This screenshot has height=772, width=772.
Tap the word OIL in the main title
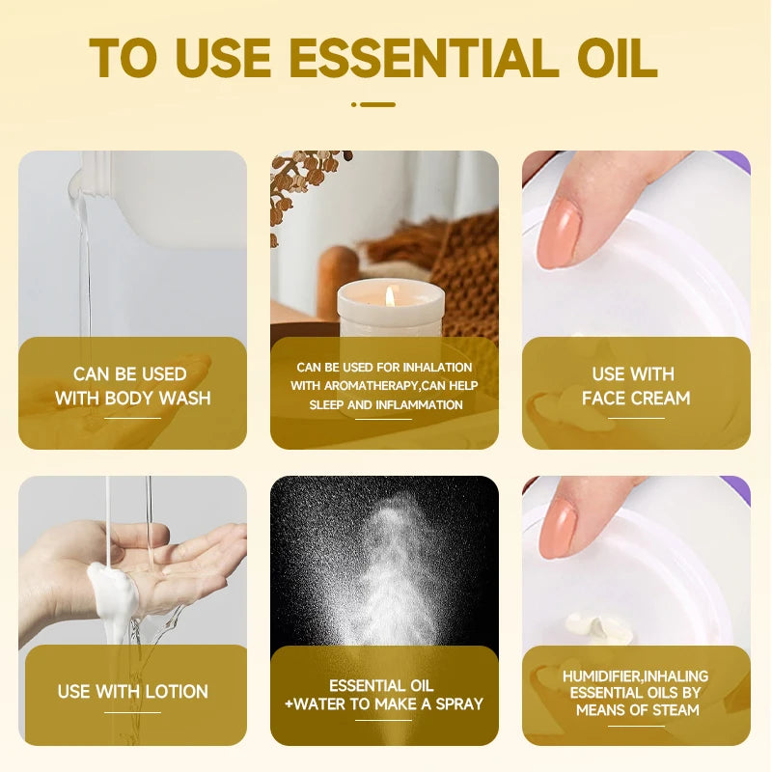618,58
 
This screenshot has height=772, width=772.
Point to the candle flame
390,296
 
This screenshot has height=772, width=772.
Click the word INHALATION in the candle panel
437,368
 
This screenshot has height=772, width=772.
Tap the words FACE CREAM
636,398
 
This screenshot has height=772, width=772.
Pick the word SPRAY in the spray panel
459,704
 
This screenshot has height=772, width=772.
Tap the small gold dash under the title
373,104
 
